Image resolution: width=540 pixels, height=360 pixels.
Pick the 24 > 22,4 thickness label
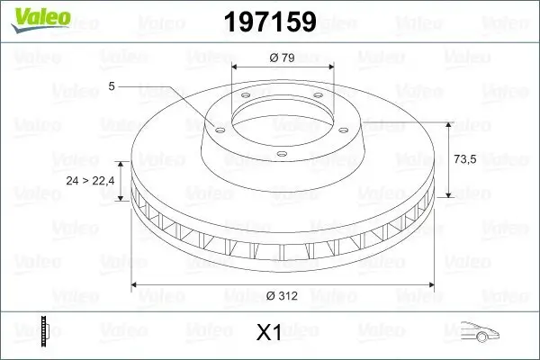click(90, 181)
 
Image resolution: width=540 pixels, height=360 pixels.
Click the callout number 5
click(112, 86)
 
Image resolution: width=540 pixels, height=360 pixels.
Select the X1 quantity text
click(269, 333)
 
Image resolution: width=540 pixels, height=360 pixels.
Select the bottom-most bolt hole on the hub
click(280, 153)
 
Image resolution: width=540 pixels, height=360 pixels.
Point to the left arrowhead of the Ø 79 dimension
click(237, 68)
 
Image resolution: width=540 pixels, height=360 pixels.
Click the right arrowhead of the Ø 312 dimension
click(432, 285)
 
